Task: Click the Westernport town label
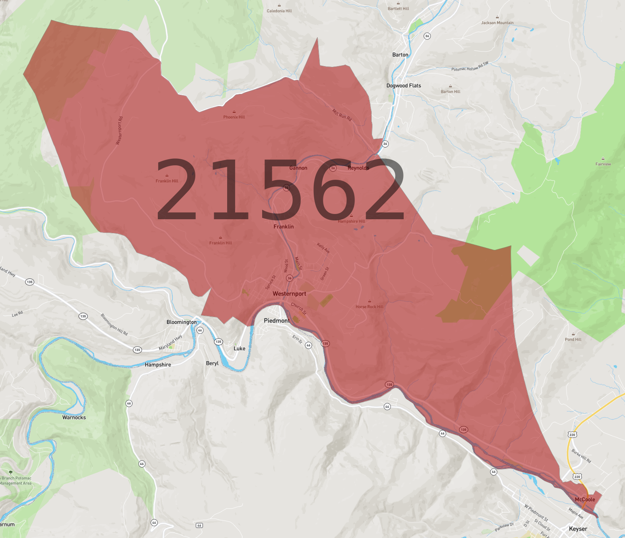pyautogui.click(x=289, y=294)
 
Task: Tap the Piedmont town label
pyautogui.click(x=276, y=321)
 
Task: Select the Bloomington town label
pyautogui.click(x=182, y=322)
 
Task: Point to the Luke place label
pyautogui.click(x=239, y=349)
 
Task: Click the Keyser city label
pyautogui.click(x=578, y=529)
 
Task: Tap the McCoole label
pyautogui.click(x=585, y=499)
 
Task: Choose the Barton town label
pyautogui.click(x=400, y=55)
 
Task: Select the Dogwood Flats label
pyautogui.click(x=404, y=85)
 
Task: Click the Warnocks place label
pyautogui.click(x=74, y=418)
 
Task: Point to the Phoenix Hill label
pyautogui.click(x=234, y=117)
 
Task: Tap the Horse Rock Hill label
pyautogui.click(x=369, y=307)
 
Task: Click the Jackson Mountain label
pyautogui.click(x=497, y=23)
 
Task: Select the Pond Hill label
pyautogui.click(x=573, y=339)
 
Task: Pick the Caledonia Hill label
pyautogui.click(x=279, y=11)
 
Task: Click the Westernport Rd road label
pyautogui.click(x=120, y=130)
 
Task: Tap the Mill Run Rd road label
pyautogui.click(x=342, y=115)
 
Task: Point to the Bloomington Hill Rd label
pyautogui.click(x=114, y=324)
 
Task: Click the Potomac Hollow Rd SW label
pyautogui.click(x=470, y=66)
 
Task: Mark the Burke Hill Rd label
pyautogui.click(x=581, y=456)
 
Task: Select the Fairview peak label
pyautogui.click(x=603, y=164)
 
